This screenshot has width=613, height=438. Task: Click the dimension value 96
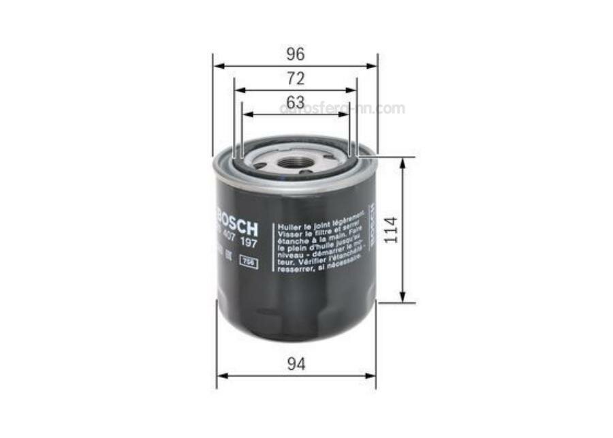click(x=295, y=54)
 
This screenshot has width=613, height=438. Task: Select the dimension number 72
click(x=295, y=78)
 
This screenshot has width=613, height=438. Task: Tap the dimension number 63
click(x=295, y=102)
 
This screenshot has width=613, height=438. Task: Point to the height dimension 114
click(x=390, y=230)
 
